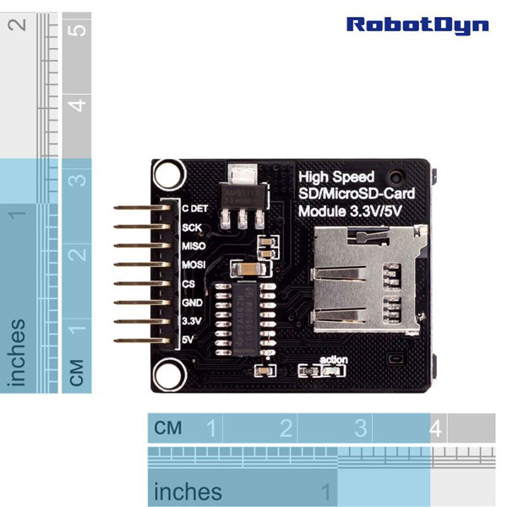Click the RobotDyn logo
pos(417,24)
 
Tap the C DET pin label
pos(195,208)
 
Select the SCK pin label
pos(192,227)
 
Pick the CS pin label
pos(188,284)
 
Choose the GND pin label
pos(192,303)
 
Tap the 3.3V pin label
pos(192,321)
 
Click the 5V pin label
pos(188,340)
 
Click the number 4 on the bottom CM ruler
pos(435,428)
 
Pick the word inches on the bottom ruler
pos(188,491)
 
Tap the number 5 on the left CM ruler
pos(78,31)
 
